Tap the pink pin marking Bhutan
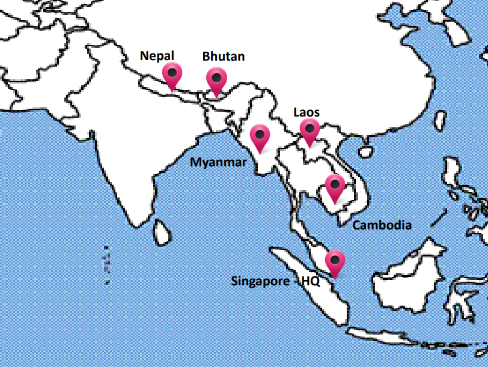[x=216, y=79]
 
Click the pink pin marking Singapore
[x=335, y=261]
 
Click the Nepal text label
[x=157, y=56]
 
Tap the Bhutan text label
[x=224, y=56]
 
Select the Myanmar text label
[x=219, y=162]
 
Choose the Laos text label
[x=306, y=112]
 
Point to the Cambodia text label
[x=382, y=225]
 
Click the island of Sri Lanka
[x=161, y=232]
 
